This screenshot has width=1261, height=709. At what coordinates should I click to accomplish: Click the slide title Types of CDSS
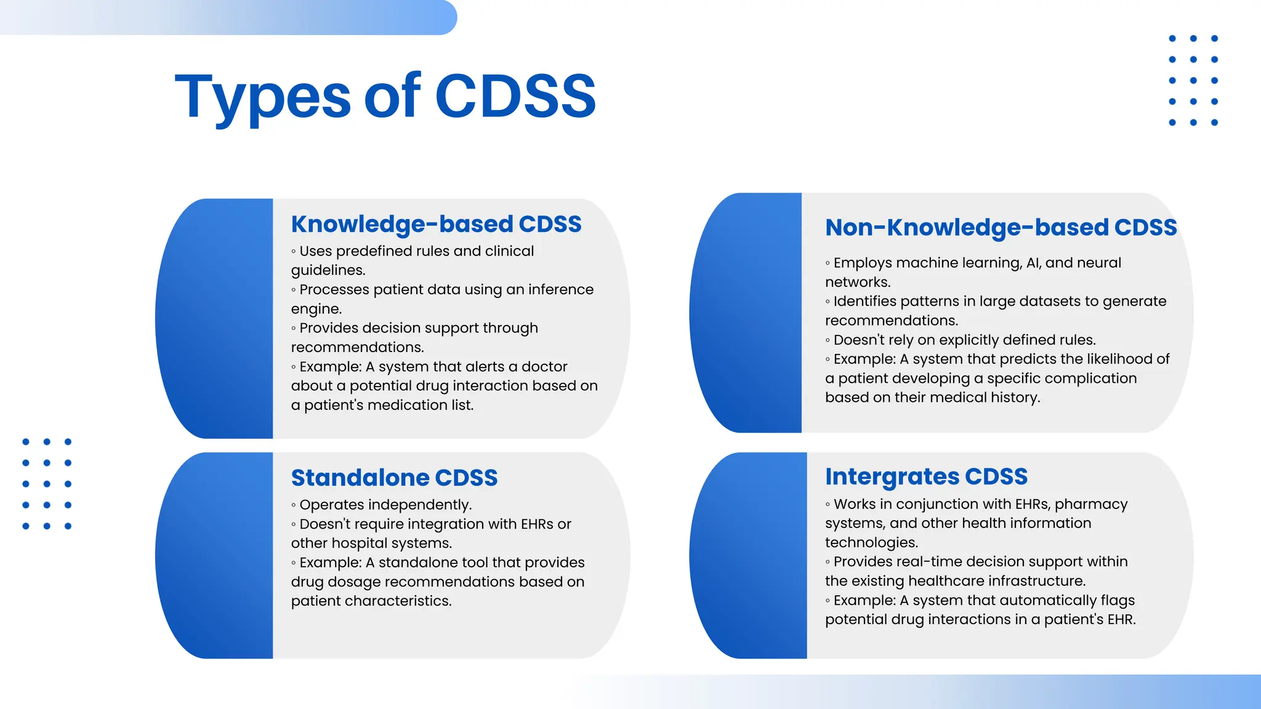(385, 97)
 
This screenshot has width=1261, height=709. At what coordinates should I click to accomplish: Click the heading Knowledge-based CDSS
(436, 224)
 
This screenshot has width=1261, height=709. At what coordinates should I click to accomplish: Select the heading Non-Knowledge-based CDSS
(1001, 227)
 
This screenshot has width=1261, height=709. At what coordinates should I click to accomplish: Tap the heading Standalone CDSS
(394, 478)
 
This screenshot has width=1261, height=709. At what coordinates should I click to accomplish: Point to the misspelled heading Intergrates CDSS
(926, 476)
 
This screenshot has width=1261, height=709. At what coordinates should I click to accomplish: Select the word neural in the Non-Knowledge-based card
(1099, 263)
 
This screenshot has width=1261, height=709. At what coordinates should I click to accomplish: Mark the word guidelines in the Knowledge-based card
(328, 270)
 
